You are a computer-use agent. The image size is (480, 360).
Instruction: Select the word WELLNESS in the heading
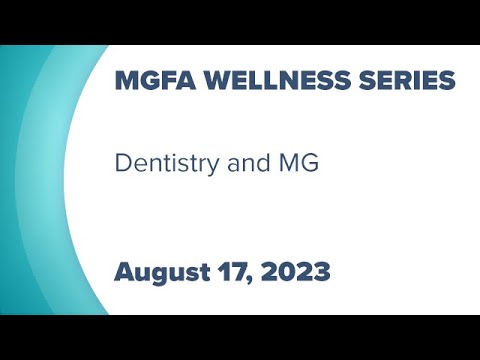[x=250, y=79]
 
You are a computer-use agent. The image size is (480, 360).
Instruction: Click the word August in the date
[x=159, y=271]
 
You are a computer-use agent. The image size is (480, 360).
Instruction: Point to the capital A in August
[x=125, y=271]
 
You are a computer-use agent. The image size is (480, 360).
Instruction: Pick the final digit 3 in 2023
[x=321, y=271]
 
